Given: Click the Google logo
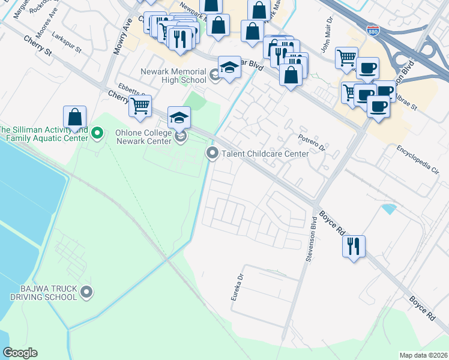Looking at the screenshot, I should tap(20, 353).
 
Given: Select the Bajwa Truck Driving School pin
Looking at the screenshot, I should tap(87, 292).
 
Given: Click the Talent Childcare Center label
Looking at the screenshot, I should tap(265, 154).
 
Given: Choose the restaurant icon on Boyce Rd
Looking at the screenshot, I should tap(354, 245).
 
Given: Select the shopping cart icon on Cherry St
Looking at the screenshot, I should tap(140, 106).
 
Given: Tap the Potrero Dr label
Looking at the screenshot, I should tap(312, 142).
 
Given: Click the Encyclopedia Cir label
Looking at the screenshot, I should tap(418, 158).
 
